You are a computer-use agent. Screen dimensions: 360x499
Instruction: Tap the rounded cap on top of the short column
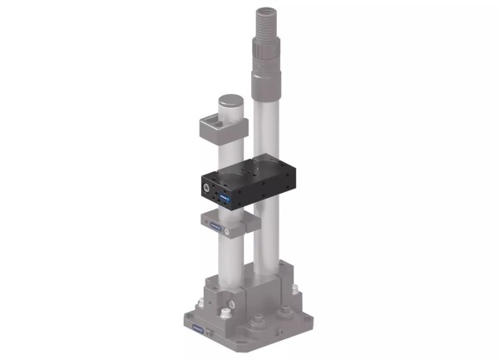pyautogui.click(x=230, y=105)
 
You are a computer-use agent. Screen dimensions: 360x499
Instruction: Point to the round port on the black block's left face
pyautogui.click(x=205, y=189)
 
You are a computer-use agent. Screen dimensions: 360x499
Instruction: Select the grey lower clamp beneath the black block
pyautogui.click(x=225, y=224)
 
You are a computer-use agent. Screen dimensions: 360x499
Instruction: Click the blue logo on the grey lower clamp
pyautogui.click(x=217, y=226)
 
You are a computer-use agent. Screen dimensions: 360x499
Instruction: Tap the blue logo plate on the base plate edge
pyautogui.click(x=199, y=331)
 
